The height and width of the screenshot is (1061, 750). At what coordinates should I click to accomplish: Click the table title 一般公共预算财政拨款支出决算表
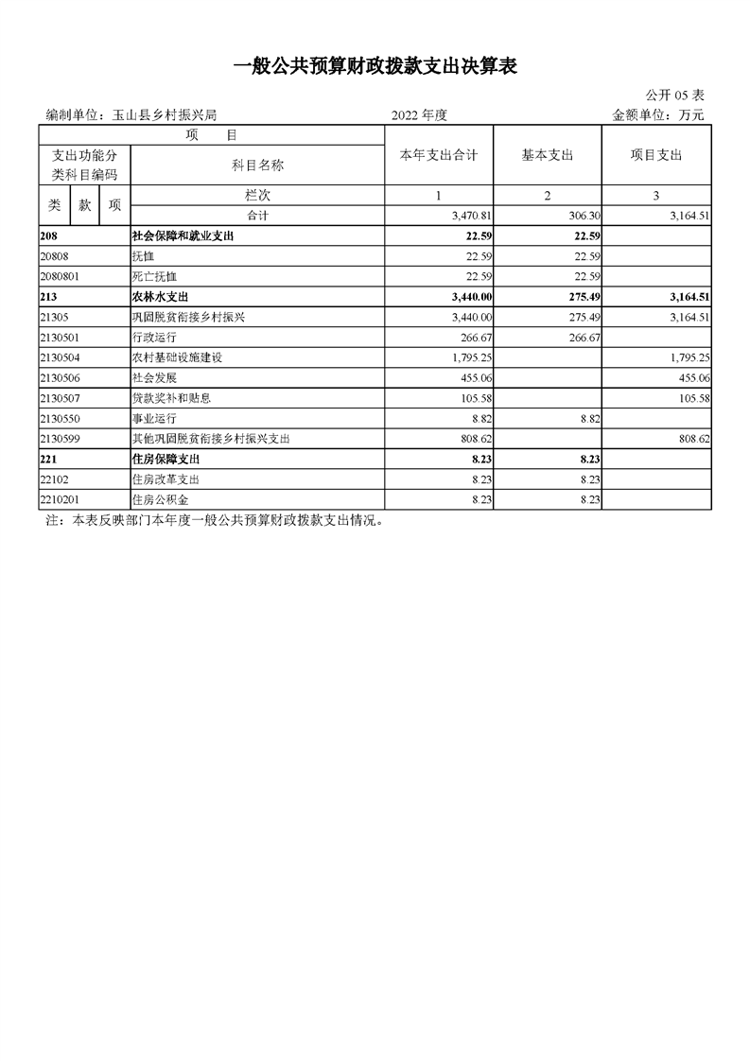pyautogui.click(x=375, y=65)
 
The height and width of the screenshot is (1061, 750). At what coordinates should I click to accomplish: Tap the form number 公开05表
pyautogui.click(x=674, y=96)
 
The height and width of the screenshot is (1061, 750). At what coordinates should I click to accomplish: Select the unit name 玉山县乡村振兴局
pyautogui.click(x=165, y=115)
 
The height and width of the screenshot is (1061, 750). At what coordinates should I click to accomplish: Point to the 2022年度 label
pyautogui.click(x=418, y=115)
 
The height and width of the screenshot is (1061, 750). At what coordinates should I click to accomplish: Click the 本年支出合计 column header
pyautogui.click(x=439, y=156)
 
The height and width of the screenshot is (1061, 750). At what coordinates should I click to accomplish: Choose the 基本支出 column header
pyautogui.click(x=548, y=156)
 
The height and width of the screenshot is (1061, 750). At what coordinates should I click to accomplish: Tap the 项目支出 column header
pyautogui.click(x=656, y=156)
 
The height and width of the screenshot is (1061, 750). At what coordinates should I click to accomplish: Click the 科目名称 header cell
pyautogui.click(x=257, y=165)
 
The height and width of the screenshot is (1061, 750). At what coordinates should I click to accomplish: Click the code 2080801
pyautogui.click(x=61, y=276)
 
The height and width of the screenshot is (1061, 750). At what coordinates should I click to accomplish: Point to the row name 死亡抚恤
pyautogui.click(x=154, y=276)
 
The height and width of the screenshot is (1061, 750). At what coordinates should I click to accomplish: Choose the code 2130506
pyautogui.click(x=61, y=377)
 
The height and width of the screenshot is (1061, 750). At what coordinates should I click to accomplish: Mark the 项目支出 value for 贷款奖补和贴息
pyautogui.click(x=692, y=398)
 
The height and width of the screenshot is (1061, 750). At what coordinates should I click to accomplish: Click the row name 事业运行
pyautogui.click(x=154, y=418)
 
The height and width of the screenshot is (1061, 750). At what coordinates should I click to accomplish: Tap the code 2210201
pyautogui.click(x=61, y=499)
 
